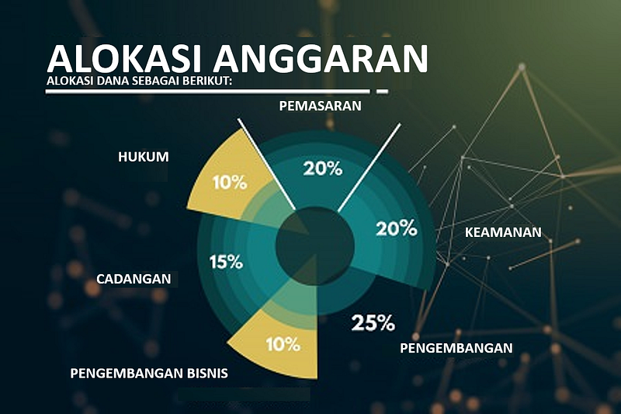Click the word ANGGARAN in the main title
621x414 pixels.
[321, 60]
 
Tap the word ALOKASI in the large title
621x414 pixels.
[126, 60]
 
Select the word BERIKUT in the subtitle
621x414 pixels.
[206, 82]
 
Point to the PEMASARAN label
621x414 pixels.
[320, 106]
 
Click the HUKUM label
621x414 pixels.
[144, 157]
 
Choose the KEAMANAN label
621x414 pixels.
[503, 232]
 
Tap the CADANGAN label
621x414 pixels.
[134, 279]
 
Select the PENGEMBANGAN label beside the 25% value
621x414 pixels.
[456, 348]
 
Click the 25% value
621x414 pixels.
[373, 323]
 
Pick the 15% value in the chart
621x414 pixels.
[226, 262]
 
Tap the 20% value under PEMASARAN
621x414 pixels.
[323, 169]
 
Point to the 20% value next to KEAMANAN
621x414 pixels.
[397, 228]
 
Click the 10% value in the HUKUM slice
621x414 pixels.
[230, 183]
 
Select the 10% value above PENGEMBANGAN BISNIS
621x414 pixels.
[283, 344]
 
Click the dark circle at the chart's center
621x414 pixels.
[315, 245]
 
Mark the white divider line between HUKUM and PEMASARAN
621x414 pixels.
[266, 164]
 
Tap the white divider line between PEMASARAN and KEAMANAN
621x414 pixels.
[369, 167]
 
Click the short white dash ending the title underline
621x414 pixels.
[382, 92]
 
